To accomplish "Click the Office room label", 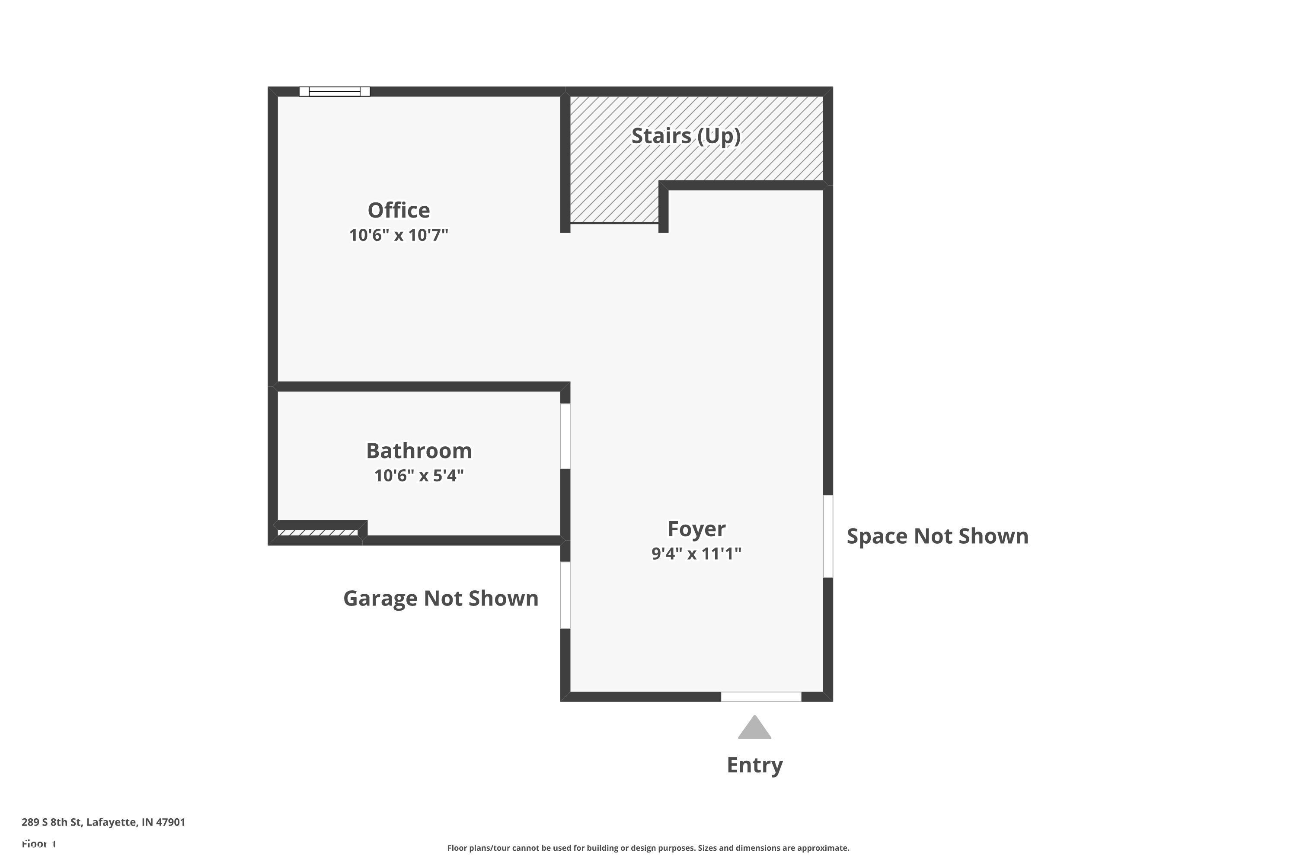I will pyautogui.click(x=399, y=210).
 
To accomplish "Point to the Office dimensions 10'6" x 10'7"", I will pyautogui.click(x=399, y=235).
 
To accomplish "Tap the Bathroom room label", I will pyautogui.click(x=419, y=451).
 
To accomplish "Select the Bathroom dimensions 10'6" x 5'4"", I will pyautogui.click(x=419, y=475).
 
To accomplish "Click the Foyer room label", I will pyautogui.click(x=696, y=529).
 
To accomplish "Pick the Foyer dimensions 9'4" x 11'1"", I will pyautogui.click(x=696, y=553).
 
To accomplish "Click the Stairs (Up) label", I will pyautogui.click(x=686, y=136).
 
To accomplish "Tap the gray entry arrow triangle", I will pyautogui.click(x=754, y=729).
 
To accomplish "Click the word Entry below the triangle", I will pyautogui.click(x=754, y=765).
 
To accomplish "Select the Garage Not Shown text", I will pyautogui.click(x=441, y=599).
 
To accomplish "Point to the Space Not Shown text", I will pyautogui.click(x=937, y=536).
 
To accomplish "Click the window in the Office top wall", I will pyautogui.click(x=335, y=92).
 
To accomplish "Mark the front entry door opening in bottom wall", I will pyautogui.click(x=761, y=697).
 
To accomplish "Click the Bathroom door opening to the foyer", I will pyautogui.click(x=565, y=436).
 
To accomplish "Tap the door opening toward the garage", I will pyautogui.click(x=565, y=595).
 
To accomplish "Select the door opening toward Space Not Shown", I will pyautogui.click(x=828, y=536).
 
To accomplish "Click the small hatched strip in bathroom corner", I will pyautogui.click(x=318, y=533).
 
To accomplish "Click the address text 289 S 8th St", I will pyautogui.click(x=104, y=822).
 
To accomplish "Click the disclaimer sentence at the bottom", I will pyautogui.click(x=648, y=848).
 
